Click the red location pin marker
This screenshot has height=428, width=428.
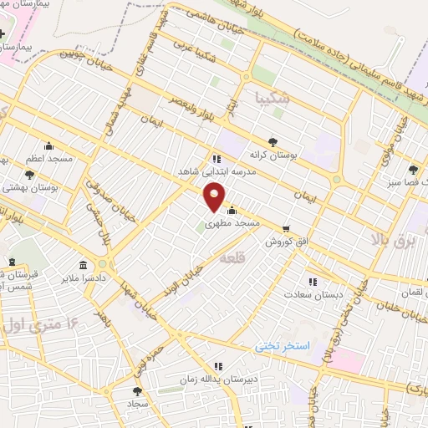[216, 198]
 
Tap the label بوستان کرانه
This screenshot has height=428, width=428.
[269, 155]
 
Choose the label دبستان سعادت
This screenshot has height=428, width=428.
[308, 294]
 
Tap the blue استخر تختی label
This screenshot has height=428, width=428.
[283, 345]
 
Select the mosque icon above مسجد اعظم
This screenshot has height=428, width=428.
[48, 145]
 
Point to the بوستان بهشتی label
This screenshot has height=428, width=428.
[28, 188]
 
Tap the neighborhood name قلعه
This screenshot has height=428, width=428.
[230, 261]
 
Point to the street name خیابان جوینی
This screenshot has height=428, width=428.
[84, 56]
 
